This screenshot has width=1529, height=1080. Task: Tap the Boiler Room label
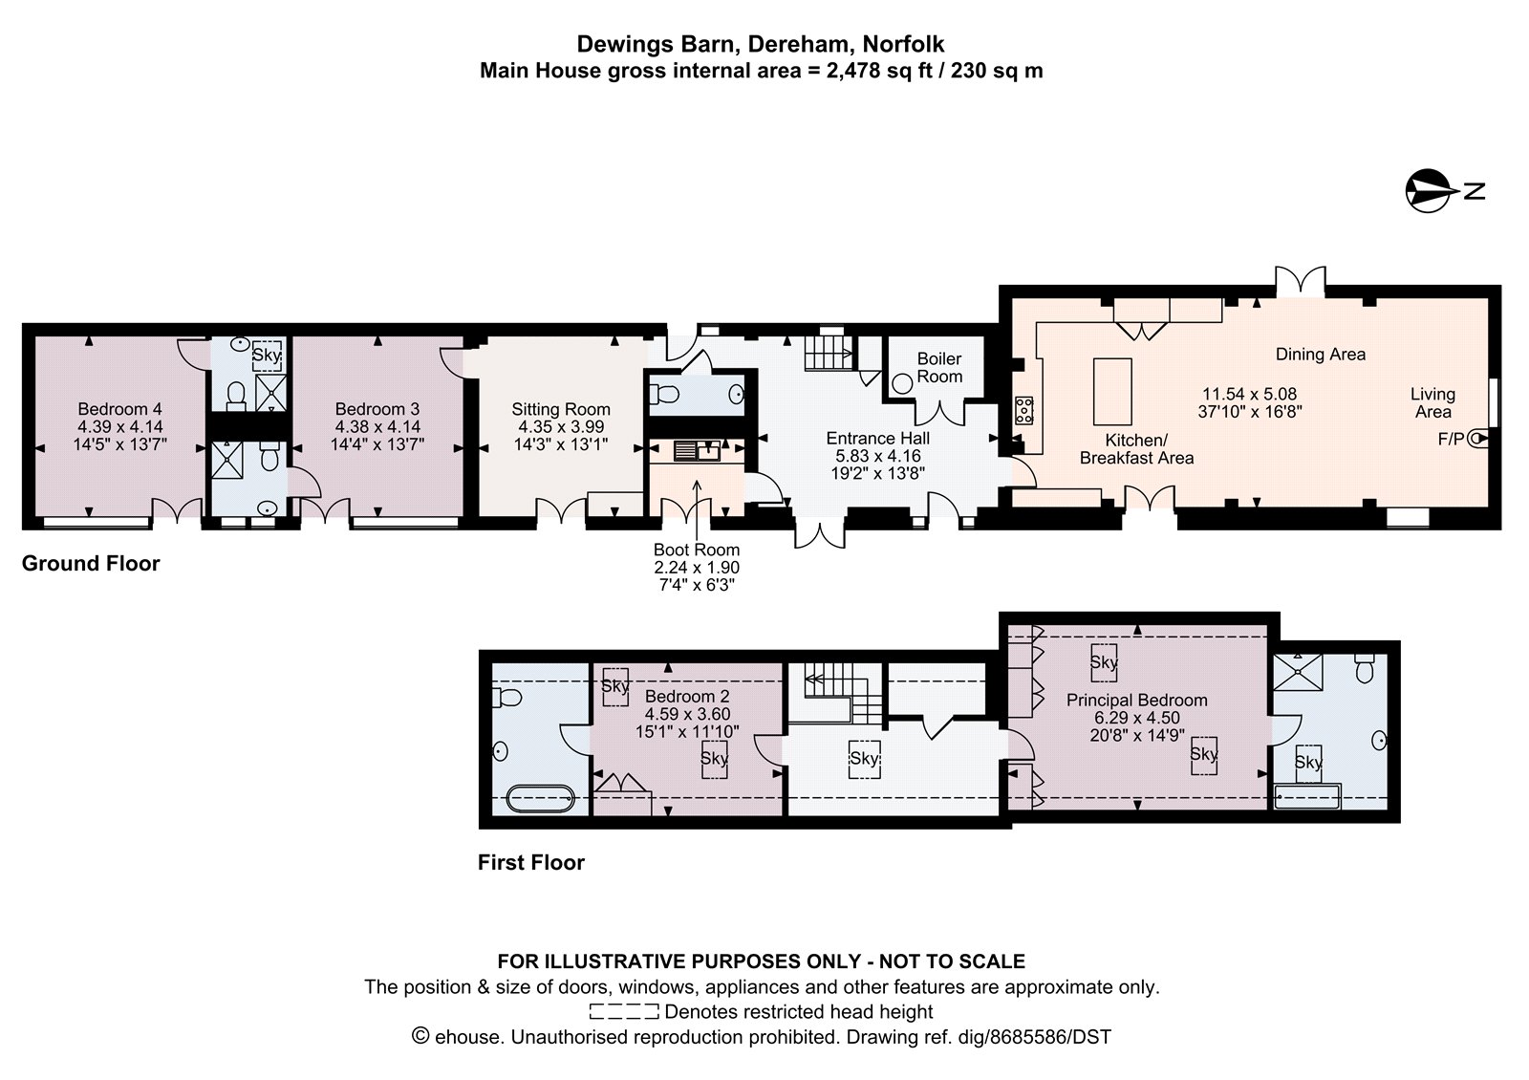(939, 367)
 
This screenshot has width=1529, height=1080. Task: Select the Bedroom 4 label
(120, 409)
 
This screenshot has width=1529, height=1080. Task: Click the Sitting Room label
(561, 409)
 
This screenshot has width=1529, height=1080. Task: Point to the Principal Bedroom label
(1136, 700)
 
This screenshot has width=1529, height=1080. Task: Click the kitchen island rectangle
(1112, 392)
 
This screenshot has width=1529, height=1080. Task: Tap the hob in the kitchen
(1023, 410)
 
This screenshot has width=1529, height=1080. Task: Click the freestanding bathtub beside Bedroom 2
(541, 798)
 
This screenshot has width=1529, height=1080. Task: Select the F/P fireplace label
(1451, 439)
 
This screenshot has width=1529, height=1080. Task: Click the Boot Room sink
(697, 451)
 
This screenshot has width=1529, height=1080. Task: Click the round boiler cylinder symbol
(902, 384)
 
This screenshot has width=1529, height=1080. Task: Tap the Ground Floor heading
(91, 563)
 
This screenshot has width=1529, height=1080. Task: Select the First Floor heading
(531, 862)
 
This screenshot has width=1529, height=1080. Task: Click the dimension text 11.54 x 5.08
(1249, 394)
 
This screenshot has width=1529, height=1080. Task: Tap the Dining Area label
(1320, 355)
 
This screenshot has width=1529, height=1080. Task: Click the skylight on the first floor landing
(864, 759)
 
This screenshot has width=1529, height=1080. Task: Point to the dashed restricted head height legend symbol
(624, 1011)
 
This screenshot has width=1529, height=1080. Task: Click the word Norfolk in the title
(903, 44)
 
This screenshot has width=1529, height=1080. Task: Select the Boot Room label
(697, 550)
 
